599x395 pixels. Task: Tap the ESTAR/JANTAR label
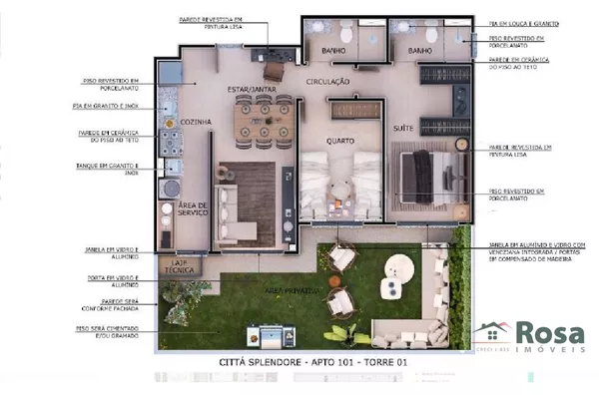pos(251,90)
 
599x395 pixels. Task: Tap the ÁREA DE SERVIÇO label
pos(192,209)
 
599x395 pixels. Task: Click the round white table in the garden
pos(400,267)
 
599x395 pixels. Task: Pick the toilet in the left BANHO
pos(345,36)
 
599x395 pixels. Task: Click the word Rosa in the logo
pos(548,333)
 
